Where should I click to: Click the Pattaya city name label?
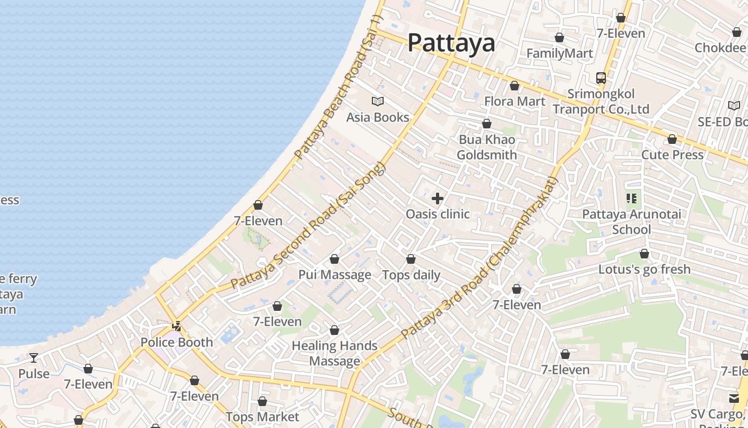451,43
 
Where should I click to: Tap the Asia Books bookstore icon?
378,101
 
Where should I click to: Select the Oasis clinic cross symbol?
438,198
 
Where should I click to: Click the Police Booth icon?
176,326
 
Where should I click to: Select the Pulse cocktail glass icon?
34,357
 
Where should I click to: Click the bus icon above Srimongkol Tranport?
601,78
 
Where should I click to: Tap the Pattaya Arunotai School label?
632,222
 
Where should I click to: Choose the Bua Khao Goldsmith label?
487,147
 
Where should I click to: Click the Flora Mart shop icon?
515,86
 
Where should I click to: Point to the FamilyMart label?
559,53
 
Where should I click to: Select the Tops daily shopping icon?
411,259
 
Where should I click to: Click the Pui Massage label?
334,275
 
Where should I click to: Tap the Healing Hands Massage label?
334,353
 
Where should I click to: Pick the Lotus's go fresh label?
644,269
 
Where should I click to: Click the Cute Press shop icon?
672,140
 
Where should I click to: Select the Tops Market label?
262,417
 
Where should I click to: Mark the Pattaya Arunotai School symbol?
632,199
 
